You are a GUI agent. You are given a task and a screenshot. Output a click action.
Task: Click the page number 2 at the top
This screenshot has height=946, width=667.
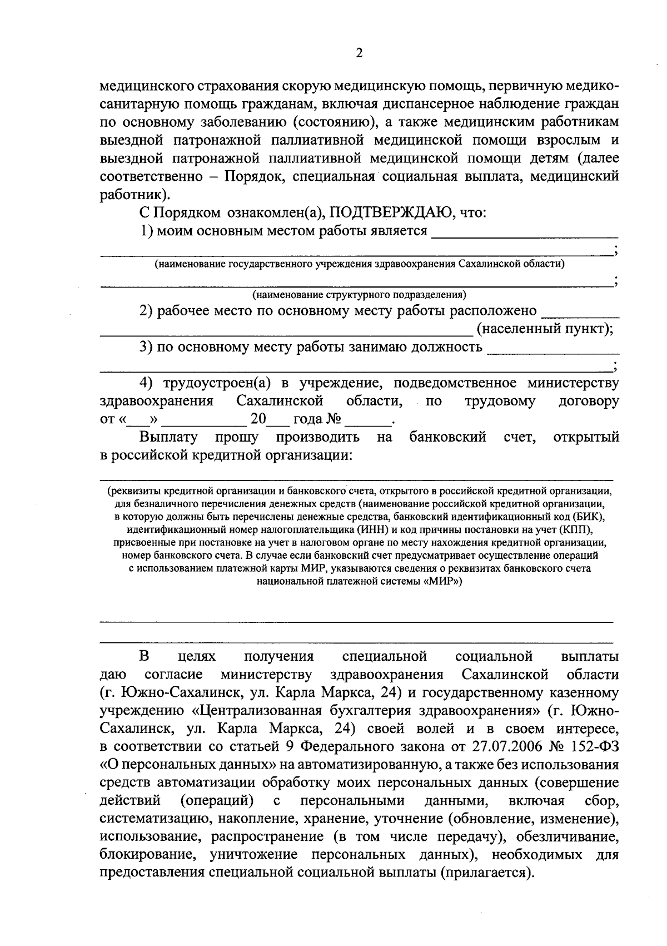pyautogui.click(x=359, y=53)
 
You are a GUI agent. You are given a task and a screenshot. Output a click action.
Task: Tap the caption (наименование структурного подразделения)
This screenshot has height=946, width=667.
pyautogui.click(x=359, y=295)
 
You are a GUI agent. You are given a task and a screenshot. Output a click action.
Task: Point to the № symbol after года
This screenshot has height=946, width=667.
pyautogui.click(x=333, y=419)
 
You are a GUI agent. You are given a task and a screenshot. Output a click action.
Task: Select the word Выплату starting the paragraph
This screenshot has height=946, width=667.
pyautogui.click(x=168, y=438)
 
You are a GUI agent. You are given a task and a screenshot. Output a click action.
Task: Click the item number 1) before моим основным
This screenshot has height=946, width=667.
pyautogui.click(x=146, y=231)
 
